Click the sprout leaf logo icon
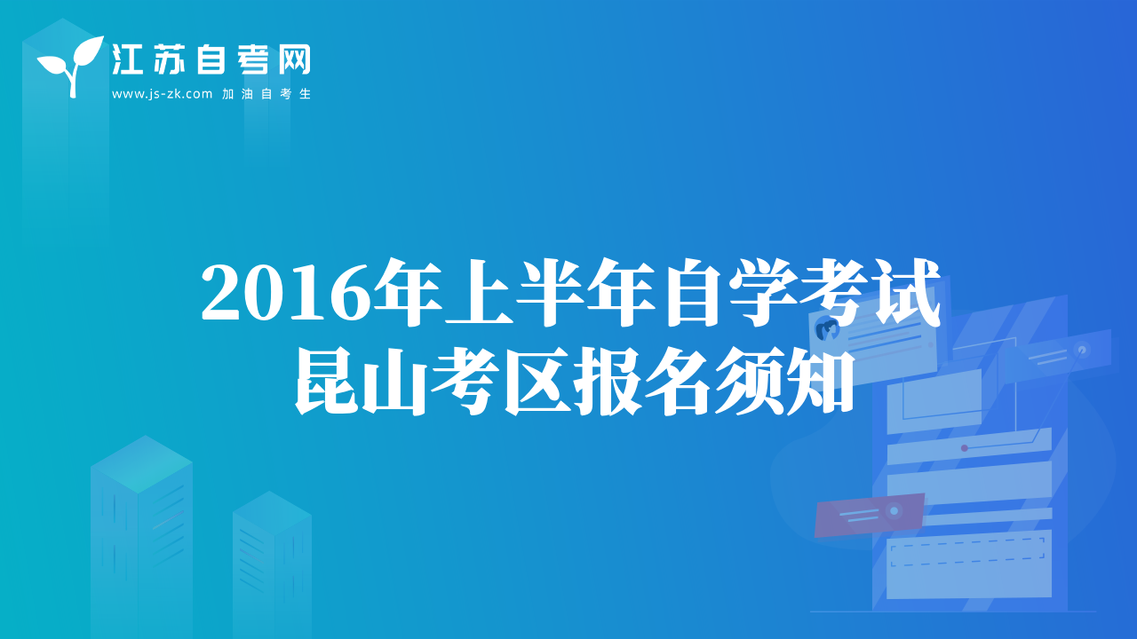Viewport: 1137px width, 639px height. click(71, 66)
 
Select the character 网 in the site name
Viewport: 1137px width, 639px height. click(295, 59)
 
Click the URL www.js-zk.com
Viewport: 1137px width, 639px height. click(162, 94)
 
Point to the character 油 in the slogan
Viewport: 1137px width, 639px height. click(247, 94)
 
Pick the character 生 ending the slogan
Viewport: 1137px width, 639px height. click(305, 94)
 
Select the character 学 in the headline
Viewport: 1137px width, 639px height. click(764, 292)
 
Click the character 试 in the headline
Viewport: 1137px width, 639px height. click(906, 292)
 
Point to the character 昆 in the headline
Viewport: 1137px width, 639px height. click(328, 382)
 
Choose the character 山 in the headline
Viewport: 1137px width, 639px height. click(397, 382)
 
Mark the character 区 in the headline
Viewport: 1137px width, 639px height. click(538, 382)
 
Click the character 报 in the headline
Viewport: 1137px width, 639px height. click(608, 382)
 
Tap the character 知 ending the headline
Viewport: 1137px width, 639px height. click(820, 382)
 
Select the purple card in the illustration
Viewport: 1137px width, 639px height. click(869, 515)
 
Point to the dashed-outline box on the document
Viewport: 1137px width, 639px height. click(968, 552)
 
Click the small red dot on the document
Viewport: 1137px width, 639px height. click(965, 448)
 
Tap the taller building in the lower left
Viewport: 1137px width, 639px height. click(141, 537)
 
